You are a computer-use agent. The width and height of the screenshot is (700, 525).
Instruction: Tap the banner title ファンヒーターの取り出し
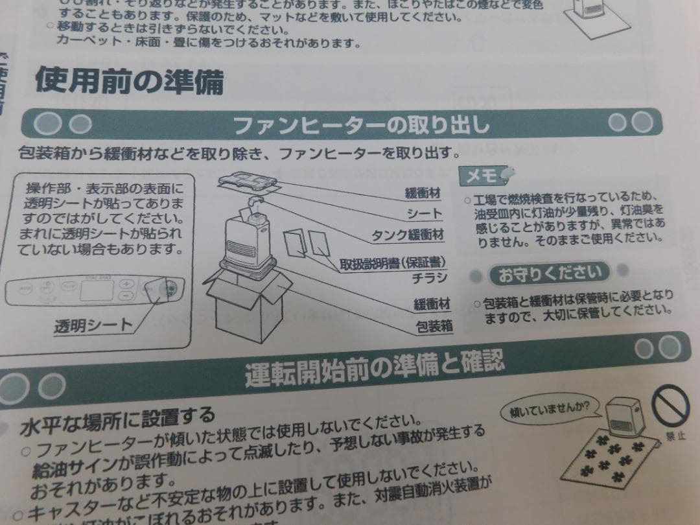[360, 123]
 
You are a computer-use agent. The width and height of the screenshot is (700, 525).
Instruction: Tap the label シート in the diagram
[425, 213]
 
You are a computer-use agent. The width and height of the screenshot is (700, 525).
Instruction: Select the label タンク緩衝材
[407, 234]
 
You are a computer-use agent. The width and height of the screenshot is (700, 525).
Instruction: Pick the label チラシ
[430, 279]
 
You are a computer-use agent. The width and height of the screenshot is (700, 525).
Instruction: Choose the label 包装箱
[434, 327]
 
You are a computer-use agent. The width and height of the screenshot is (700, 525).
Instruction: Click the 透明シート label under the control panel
[93, 325]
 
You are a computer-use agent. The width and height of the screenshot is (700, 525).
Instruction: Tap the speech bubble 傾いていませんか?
[550, 409]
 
